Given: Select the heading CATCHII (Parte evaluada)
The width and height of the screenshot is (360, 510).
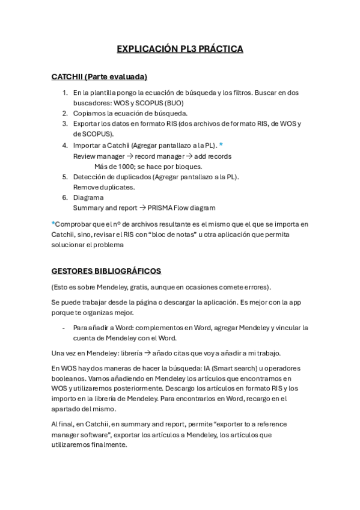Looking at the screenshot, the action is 99,77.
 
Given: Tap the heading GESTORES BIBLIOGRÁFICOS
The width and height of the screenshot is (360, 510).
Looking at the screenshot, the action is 106,271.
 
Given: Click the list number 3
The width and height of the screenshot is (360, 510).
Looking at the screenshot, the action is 66,124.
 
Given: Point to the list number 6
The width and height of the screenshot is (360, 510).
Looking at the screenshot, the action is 66,197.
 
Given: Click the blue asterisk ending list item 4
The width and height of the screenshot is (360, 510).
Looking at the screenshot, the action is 221,145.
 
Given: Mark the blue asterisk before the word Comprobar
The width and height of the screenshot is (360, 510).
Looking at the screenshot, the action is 53,224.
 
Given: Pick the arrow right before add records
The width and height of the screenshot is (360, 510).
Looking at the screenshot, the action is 187,156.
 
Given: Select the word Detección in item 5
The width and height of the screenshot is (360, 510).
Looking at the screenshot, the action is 91,177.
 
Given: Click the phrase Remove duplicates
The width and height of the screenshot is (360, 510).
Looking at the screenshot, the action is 103,187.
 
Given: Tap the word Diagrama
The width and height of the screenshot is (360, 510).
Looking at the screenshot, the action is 88,197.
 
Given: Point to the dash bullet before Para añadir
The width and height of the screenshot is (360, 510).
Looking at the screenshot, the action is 63,328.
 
